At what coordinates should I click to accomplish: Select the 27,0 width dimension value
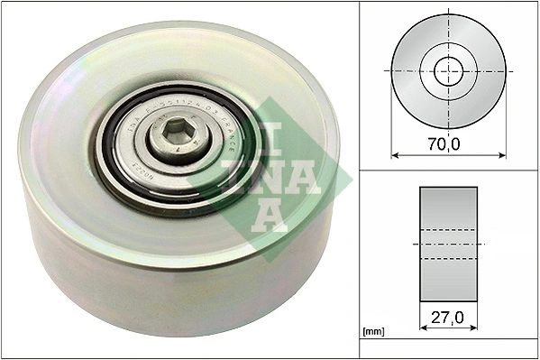tap(448, 318)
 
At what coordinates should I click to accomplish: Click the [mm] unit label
tap(372, 332)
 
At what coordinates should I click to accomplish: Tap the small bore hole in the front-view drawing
tap(448, 70)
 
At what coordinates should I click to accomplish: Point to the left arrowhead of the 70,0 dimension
tap(394, 155)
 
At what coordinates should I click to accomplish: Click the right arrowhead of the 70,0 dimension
tap(503, 155)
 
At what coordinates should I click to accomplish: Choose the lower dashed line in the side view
tap(448, 260)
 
